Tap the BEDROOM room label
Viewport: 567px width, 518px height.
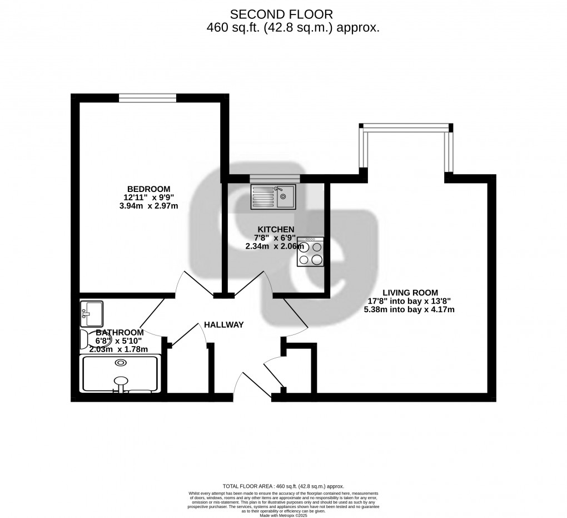pyautogui.click(x=148, y=189)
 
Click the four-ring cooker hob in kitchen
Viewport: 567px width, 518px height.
pyautogui.click(x=311, y=252)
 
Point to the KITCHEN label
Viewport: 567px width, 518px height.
pyautogui.click(x=276, y=229)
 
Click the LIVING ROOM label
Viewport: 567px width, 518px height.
pyautogui.click(x=410, y=292)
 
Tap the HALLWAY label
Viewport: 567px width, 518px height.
pyautogui.click(x=223, y=325)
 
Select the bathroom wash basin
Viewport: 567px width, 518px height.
pyautogui.click(x=92, y=314)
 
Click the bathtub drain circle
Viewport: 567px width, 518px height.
pyautogui.click(x=120, y=363)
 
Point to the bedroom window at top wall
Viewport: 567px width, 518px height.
pyautogui.click(x=147, y=98)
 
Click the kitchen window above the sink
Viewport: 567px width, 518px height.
pyautogui.click(x=275, y=178)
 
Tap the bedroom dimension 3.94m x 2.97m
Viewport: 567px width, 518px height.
pyautogui.click(x=148, y=206)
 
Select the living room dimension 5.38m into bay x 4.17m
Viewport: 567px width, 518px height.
pyautogui.click(x=409, y=309)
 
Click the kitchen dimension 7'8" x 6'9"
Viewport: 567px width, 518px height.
pyautogui.click(x=276, y=238)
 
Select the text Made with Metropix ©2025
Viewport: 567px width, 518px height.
pyautogui.click(x=283, y=515)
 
